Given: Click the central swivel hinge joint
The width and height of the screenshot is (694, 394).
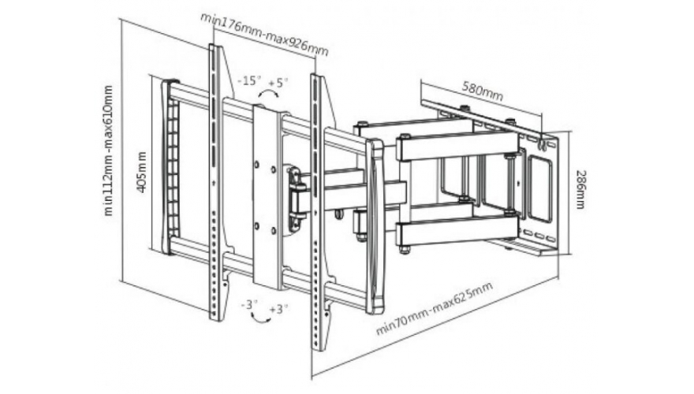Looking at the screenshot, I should (x=297, y=191).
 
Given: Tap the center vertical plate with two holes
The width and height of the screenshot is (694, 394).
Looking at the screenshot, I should (x=267, y=197).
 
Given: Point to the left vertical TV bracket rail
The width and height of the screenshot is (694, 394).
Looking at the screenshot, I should (x=215, y=181).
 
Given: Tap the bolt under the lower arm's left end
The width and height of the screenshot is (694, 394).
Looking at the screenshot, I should (x=405, y=251).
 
